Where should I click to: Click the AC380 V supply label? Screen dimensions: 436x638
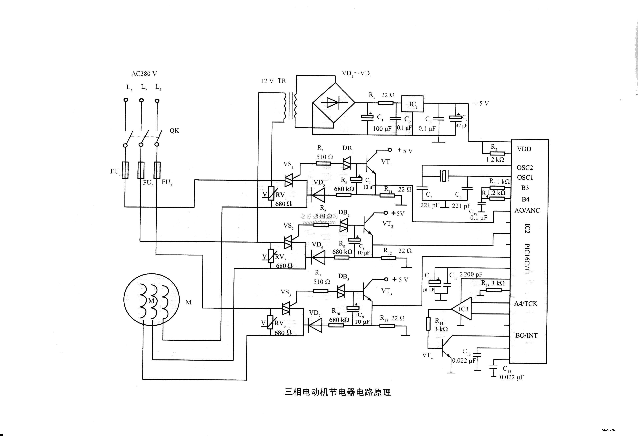(144, 74)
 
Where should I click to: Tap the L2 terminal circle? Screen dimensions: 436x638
(141, 100)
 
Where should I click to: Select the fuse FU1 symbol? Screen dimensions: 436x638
(125, 170)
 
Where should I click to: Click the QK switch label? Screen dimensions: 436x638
(174, 131)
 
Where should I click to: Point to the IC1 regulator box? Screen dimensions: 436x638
(413, 104)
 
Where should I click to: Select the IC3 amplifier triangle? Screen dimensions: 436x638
(462, 309)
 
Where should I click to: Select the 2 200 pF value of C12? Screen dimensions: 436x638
(471, 274)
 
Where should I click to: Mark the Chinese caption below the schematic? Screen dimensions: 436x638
(337, 392)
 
